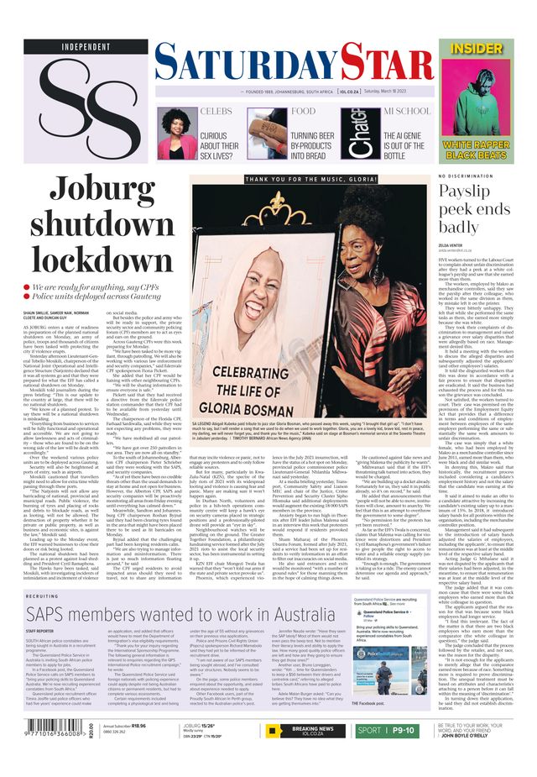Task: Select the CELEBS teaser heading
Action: (216, 111)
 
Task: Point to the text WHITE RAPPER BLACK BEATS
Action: (493, 150)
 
